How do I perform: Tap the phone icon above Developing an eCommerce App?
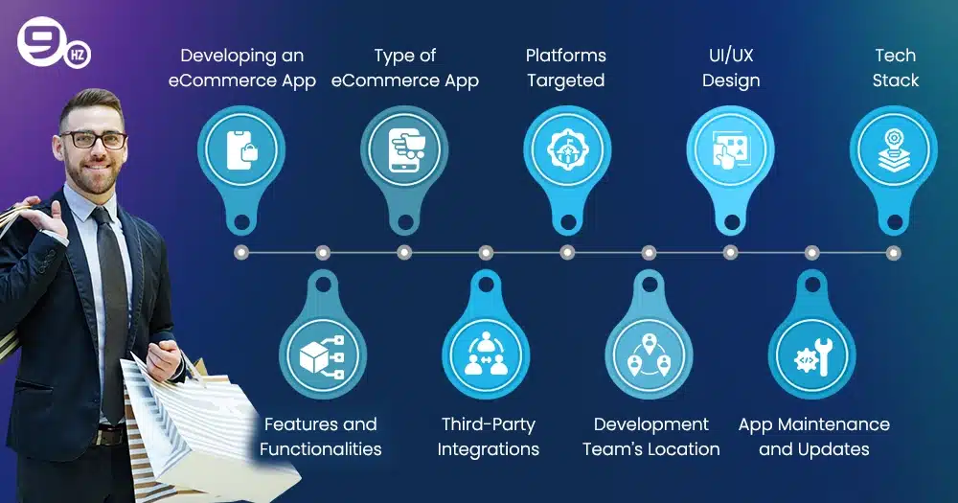(x=242, y=150)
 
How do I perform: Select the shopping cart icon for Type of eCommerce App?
(x=405, y=150)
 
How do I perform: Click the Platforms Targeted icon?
(x=567, y=149)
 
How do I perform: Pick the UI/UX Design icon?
(x=731, y=150)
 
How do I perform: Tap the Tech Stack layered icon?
(x=894, y=150)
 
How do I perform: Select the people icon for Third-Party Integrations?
(x=486, y=355)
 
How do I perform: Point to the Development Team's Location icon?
(x=649, y=355)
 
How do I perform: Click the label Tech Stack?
(x=895, y=68)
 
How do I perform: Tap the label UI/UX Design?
(x=731, y=68)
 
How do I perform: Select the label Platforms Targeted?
(x=566, y=68)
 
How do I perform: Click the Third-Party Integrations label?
(x=489, y=437)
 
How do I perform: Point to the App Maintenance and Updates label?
(x=813, y=437)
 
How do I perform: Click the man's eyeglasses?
(x=94, y=139)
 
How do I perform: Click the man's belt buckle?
(x=110, y=436)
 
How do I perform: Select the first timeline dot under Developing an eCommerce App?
(x=241, y=252)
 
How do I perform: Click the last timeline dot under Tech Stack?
(x=893, y=252)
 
